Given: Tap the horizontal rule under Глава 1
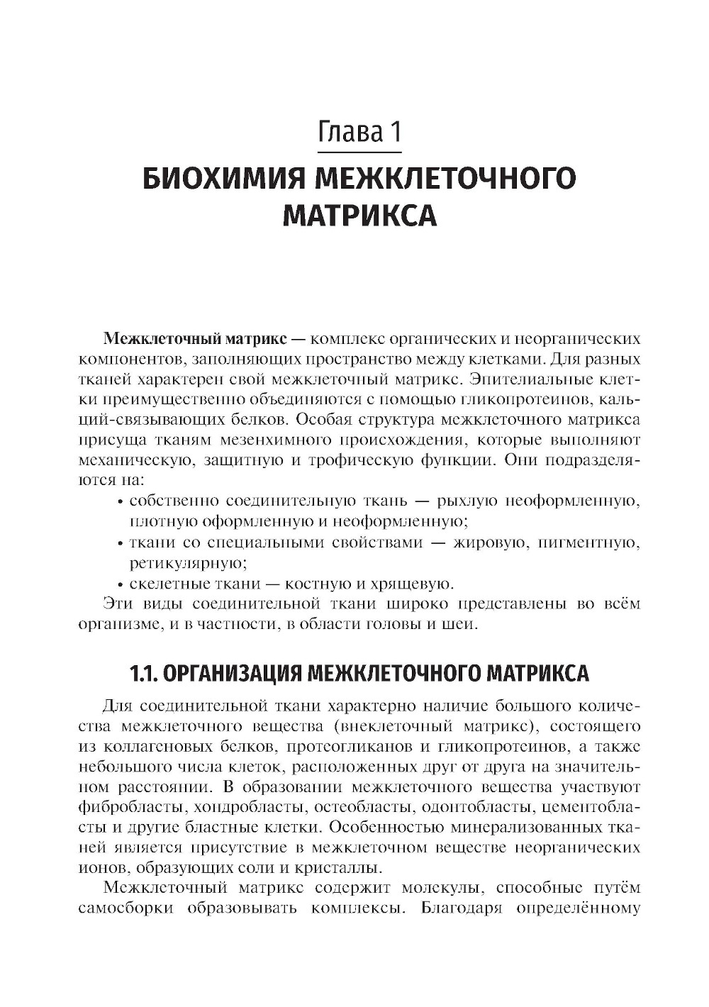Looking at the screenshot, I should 359,151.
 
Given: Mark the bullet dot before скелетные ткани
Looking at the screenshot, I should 121,585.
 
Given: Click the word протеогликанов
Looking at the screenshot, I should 341,746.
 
